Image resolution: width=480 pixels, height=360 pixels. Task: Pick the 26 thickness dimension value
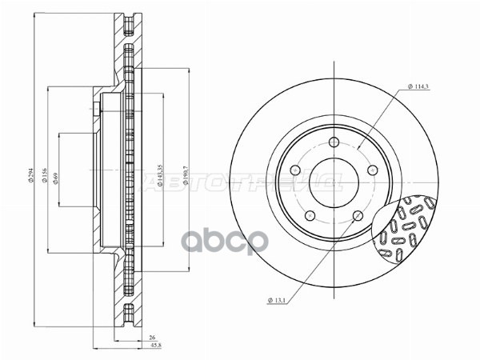(x=152, y=338)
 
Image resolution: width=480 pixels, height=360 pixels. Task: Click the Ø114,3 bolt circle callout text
(x=418, y=86)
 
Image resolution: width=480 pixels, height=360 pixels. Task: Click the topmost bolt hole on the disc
(x=331, y=142)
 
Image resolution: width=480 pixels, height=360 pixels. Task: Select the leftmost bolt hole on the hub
(x=295, y=170)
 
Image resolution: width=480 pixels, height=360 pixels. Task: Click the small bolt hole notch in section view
(x=95, y=110)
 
